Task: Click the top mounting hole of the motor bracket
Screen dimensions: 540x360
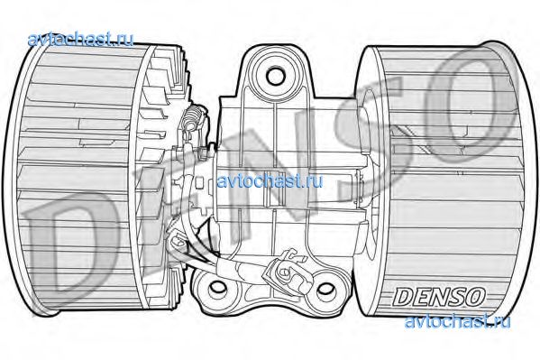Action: [276, 77]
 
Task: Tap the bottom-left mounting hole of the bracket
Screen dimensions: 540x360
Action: [217, 287]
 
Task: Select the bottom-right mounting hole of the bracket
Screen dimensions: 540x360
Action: [325, 289]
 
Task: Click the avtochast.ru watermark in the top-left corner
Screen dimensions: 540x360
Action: [80, 39]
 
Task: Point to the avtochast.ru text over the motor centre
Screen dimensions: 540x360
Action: [270, 181]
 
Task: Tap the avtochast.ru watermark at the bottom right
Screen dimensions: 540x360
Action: [457, 321]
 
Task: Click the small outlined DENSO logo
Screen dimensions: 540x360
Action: [439, 297]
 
